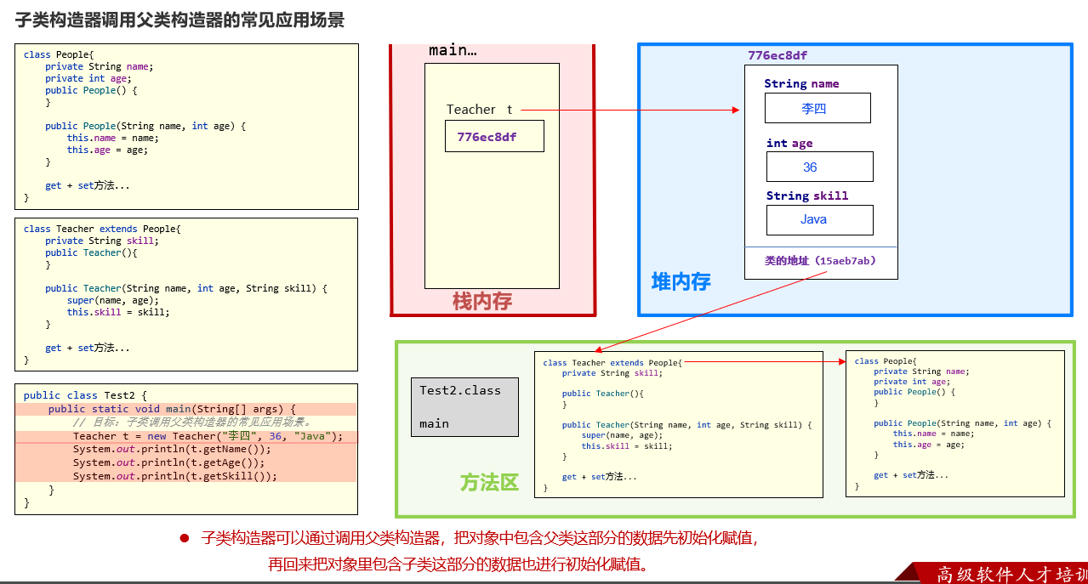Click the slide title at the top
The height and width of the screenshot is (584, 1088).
point(179,20)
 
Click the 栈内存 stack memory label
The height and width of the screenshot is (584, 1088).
point(481,301)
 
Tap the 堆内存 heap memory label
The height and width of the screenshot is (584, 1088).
point(681,281)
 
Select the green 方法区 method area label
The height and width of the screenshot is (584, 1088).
point(489,483)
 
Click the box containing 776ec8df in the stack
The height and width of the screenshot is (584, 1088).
point(494,136)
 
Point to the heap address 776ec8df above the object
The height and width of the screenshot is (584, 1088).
point(778,55)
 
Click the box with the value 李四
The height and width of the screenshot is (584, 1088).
point(817,108)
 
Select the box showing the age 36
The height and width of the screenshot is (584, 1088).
point(819,167)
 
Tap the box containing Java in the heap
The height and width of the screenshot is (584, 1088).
point(819,219)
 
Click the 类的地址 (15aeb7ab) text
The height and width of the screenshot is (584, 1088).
point(820,261)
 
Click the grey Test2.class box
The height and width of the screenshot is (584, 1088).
point(464,406)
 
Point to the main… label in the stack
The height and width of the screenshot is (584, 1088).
point(453,50)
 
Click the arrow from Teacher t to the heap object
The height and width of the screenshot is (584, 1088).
point(629,110)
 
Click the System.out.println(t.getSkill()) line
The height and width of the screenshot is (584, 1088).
point(175,476)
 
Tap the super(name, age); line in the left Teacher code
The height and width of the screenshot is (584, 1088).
point(113,300)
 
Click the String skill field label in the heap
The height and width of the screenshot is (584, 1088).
point(806,196)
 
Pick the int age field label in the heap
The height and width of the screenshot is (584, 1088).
point(789,143)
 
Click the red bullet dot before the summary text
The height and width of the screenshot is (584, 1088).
point(184,538)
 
